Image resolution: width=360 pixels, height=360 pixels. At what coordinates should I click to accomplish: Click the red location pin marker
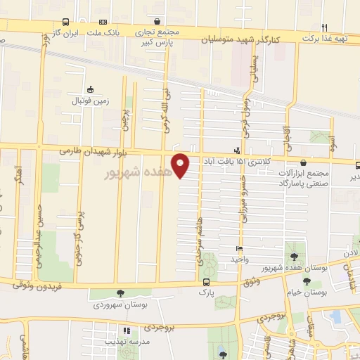click(x=181, y=165)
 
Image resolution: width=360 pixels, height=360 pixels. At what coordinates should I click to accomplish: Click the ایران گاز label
click(x=66, y=32)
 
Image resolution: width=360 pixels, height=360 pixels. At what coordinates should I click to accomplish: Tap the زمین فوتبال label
click(x=90, y=101)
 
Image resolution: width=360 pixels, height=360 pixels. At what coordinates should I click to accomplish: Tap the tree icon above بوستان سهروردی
click(x=120, y=293)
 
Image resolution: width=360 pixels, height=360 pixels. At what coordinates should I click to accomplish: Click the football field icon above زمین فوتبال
click(x=90, y=89)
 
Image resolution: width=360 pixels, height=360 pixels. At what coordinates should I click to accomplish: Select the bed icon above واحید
click(x=240, y=248)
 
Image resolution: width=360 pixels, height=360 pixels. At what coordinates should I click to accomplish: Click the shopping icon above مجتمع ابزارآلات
click(x=303, y=162)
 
